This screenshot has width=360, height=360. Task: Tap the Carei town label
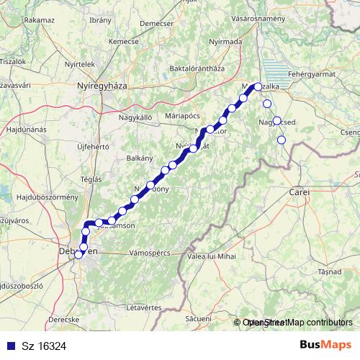[x=299, y=193]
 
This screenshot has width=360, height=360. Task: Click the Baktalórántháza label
[x=196, y=68]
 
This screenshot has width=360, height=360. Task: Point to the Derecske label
[x=64, y=318]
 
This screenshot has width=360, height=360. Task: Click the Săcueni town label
[x=197, y=317]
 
